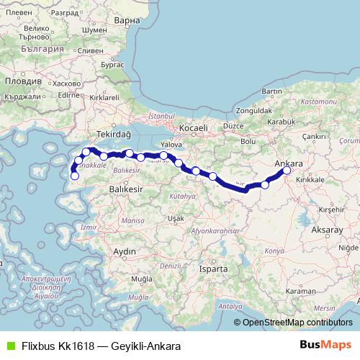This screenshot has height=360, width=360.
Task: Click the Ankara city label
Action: [289, 163]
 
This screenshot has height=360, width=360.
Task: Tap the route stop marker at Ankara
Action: [287, 171]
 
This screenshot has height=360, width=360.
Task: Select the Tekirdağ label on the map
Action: [114, 135]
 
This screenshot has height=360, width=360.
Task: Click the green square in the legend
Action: [9, 346]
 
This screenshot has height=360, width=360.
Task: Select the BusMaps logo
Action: [325, 346]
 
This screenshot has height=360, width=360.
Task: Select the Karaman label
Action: [301, 291]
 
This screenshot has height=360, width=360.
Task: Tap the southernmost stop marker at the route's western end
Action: [74, 176]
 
